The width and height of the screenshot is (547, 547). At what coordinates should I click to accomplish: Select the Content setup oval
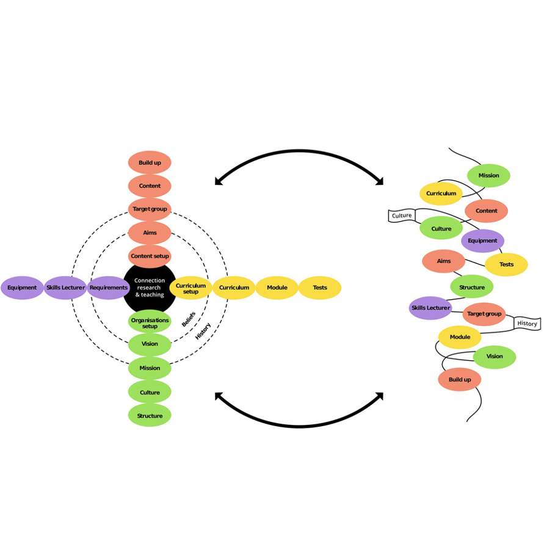point(150,256)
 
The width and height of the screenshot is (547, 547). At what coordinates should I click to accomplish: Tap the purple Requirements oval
point(108,288)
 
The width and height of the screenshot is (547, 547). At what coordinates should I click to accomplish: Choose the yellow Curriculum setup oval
point(190,288)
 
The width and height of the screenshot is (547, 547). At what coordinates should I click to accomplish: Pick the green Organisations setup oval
point(150,322)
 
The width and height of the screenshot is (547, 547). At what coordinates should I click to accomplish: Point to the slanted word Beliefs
point(188,318)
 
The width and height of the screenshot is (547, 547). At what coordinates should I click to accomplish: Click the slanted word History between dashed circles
point(203,331)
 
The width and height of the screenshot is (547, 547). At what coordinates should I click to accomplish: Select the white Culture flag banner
point(401,216)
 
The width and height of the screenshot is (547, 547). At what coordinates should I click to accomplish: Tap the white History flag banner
point(527,324)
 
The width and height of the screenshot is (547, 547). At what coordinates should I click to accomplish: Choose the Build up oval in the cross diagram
point(150,163)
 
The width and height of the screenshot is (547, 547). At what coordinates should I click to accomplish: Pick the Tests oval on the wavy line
point(506,264)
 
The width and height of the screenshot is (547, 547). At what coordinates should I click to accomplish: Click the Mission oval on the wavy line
point(488,175)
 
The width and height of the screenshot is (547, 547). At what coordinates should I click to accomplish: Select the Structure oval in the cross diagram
point(150,416)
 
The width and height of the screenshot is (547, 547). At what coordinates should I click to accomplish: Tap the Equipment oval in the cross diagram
point(22,288)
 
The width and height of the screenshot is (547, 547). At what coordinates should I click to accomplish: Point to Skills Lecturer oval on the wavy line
point(430,308)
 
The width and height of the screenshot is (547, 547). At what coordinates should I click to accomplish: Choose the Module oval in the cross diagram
point(277,288)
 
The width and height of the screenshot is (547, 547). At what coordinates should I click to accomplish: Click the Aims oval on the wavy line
point(444,261)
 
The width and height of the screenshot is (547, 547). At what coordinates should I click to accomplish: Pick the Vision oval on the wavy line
point(494,357)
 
